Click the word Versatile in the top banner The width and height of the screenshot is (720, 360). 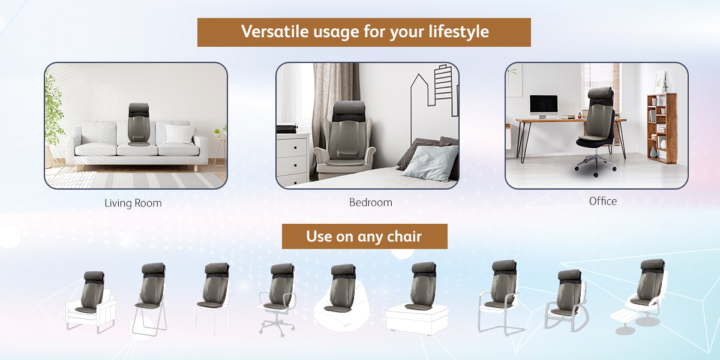click(275, 31)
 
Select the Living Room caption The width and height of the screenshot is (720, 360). click(133, 203)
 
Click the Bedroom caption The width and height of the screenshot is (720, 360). click(371, 203)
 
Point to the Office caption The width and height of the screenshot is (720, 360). click(602, 201)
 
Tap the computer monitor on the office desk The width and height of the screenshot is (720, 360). click(544, 107)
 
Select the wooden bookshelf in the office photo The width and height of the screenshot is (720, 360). click(662, 128)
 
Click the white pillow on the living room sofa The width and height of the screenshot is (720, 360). click(179, 133)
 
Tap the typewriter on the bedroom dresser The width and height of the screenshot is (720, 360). click(286, 128)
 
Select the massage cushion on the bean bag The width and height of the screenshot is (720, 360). click(343, 288)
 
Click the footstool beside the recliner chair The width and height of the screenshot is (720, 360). click(625, 322)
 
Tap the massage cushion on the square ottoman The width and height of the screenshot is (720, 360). click(421, 286)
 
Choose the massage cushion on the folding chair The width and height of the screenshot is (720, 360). click(151, 286)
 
